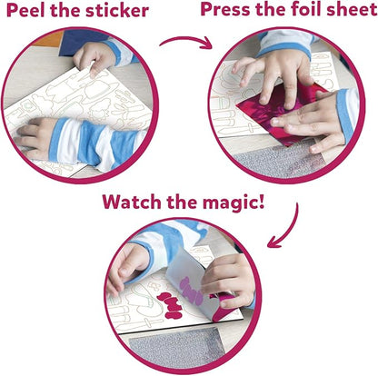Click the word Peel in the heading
coord(25,10)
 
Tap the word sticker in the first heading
coord(117,10)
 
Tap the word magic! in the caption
coord(234,203)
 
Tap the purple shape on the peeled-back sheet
coord(191,291)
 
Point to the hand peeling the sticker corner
coord(94,57)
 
